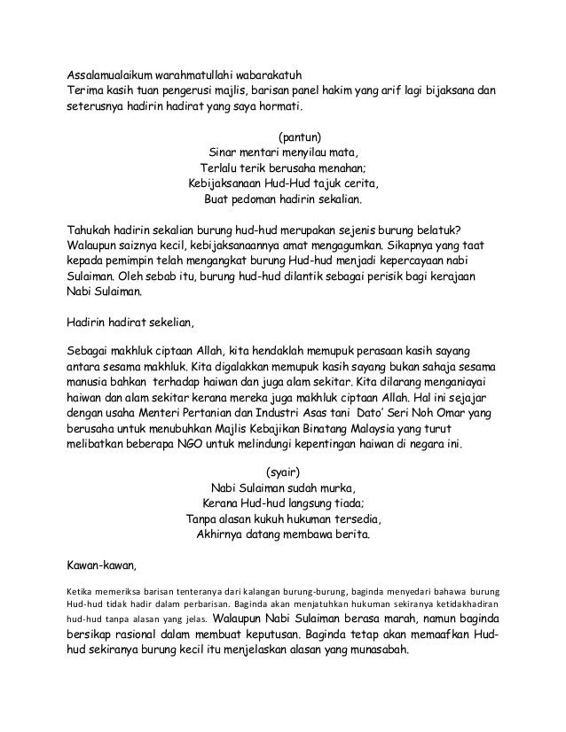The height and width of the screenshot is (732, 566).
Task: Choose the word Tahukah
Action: pos(92,226)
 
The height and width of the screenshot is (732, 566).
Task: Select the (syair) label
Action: pos(282,471)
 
